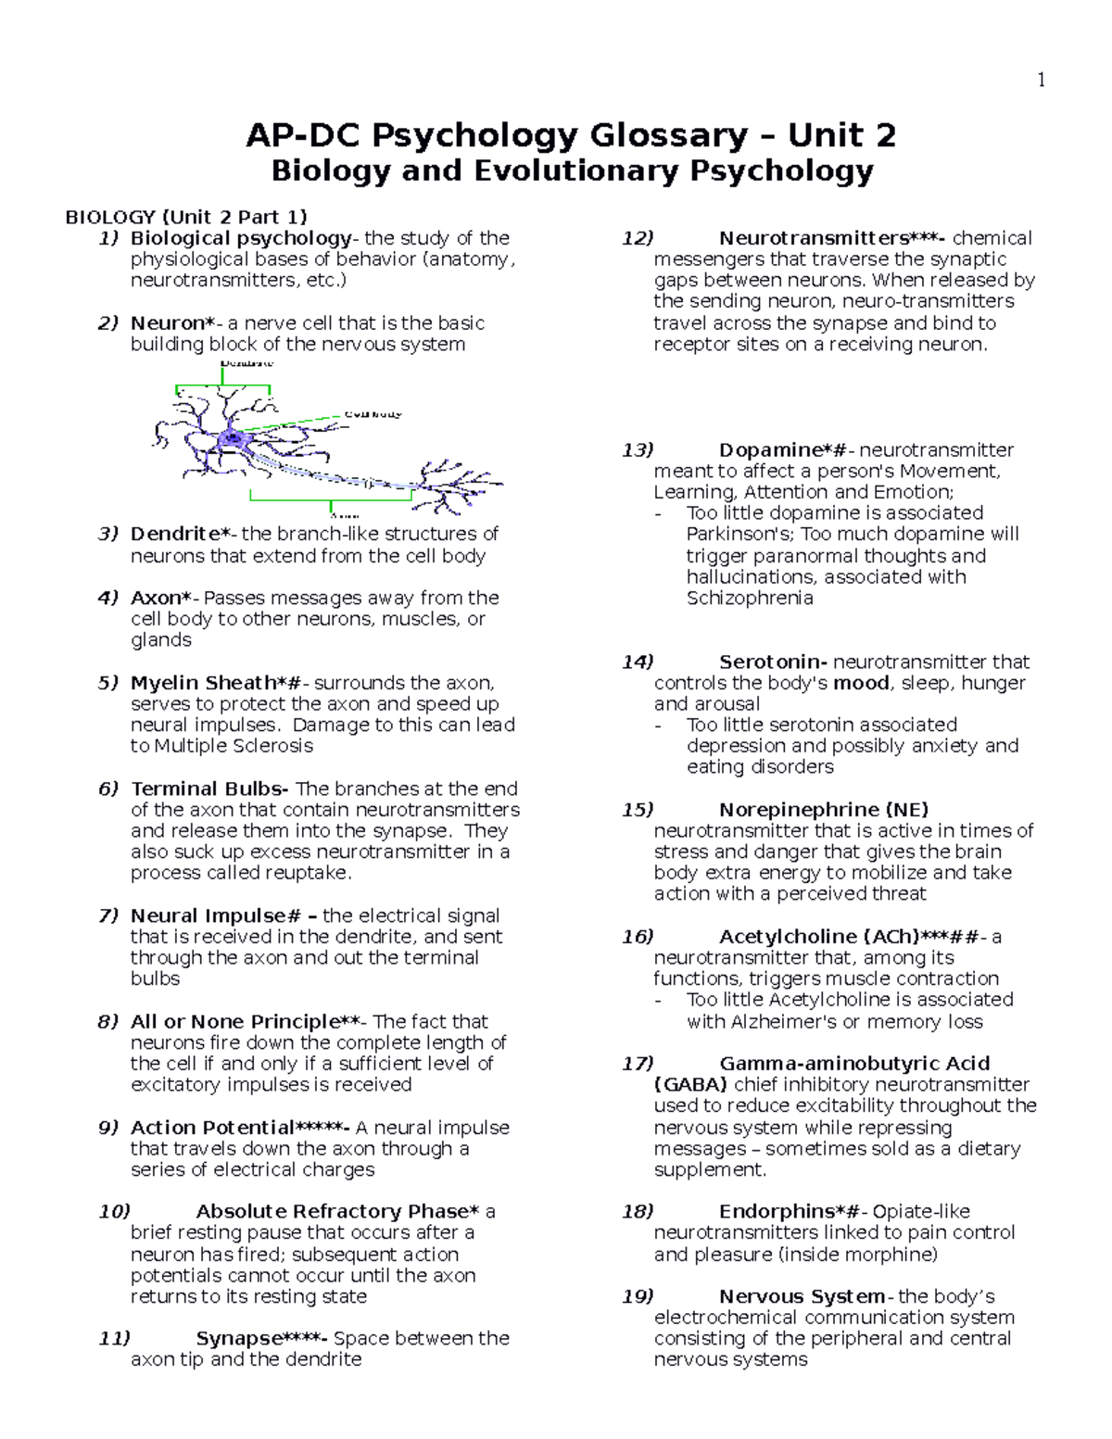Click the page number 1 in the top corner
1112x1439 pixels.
1042,81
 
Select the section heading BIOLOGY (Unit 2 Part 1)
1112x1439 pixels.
185,218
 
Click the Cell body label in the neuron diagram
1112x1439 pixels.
373,414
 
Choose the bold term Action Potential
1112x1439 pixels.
212,1128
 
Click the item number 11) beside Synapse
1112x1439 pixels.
114,1338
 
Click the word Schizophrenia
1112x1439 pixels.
750,599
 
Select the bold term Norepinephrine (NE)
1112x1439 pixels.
824,810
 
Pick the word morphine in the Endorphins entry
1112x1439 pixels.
891,1255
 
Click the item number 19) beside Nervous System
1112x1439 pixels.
638,1296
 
